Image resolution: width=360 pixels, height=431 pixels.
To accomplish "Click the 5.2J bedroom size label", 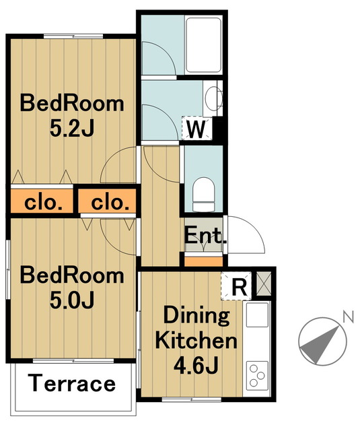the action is point(72,129).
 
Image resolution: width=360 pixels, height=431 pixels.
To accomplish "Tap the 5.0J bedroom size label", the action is point(72,300).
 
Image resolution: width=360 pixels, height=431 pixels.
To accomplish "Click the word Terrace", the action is point(72,383).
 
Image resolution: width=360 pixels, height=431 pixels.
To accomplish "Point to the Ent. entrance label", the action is point(205,235).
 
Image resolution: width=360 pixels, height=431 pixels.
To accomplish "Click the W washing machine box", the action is point(197,128).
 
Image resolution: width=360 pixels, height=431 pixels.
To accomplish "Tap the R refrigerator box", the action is point(236,286).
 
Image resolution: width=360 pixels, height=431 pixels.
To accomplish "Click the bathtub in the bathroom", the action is point(203,45).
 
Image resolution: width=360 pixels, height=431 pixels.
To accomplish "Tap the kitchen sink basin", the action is point(257,314).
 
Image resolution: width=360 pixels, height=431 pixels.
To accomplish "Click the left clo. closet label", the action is point(43,203).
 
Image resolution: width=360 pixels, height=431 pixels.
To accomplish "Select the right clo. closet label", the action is point(110,203).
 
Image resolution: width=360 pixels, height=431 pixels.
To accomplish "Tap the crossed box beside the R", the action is point(264,284).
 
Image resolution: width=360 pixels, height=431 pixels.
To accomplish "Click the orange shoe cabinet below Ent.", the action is point(203,261).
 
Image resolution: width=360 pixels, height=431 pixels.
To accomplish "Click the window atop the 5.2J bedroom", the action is point(73,36).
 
